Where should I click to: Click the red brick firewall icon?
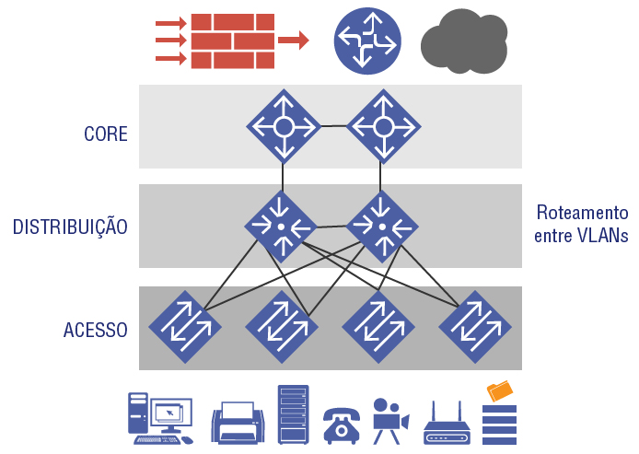pyautogui.click(x=233, y=41)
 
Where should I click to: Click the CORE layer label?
pyautogui.click(x=106, y=134)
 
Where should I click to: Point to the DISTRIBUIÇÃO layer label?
pyautogui.click(x=70, y=227)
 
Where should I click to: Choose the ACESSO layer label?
pyautogui.click(x=96, y=329)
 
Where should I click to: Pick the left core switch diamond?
pyautogui.click(x=284, y=126)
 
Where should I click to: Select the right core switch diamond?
pyautogui.click(x=383, y=126)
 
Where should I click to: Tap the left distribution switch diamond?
pyautogui.click(x=281, y=226)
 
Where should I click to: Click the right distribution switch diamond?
pyautogui.click(x=381, y=226)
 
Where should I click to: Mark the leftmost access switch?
pyautogui.click(x=186, y=327)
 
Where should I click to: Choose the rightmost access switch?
pyautogui.click(x=475, y=327)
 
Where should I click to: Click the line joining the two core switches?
pyautogui.click(x=333, y=126)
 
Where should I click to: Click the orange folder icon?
pyautogui.click(x=501, y=391)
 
